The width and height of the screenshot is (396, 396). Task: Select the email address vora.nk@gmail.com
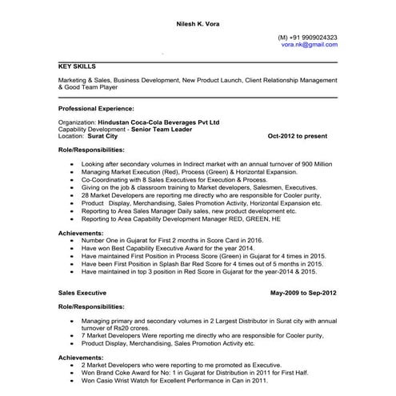(x=309, y=46)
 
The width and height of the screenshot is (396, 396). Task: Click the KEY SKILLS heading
(x=78, y=67)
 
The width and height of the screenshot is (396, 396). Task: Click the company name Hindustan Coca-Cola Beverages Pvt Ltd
(x=158, y=123)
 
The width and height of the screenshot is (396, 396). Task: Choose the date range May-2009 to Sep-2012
(x=303, y=294)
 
